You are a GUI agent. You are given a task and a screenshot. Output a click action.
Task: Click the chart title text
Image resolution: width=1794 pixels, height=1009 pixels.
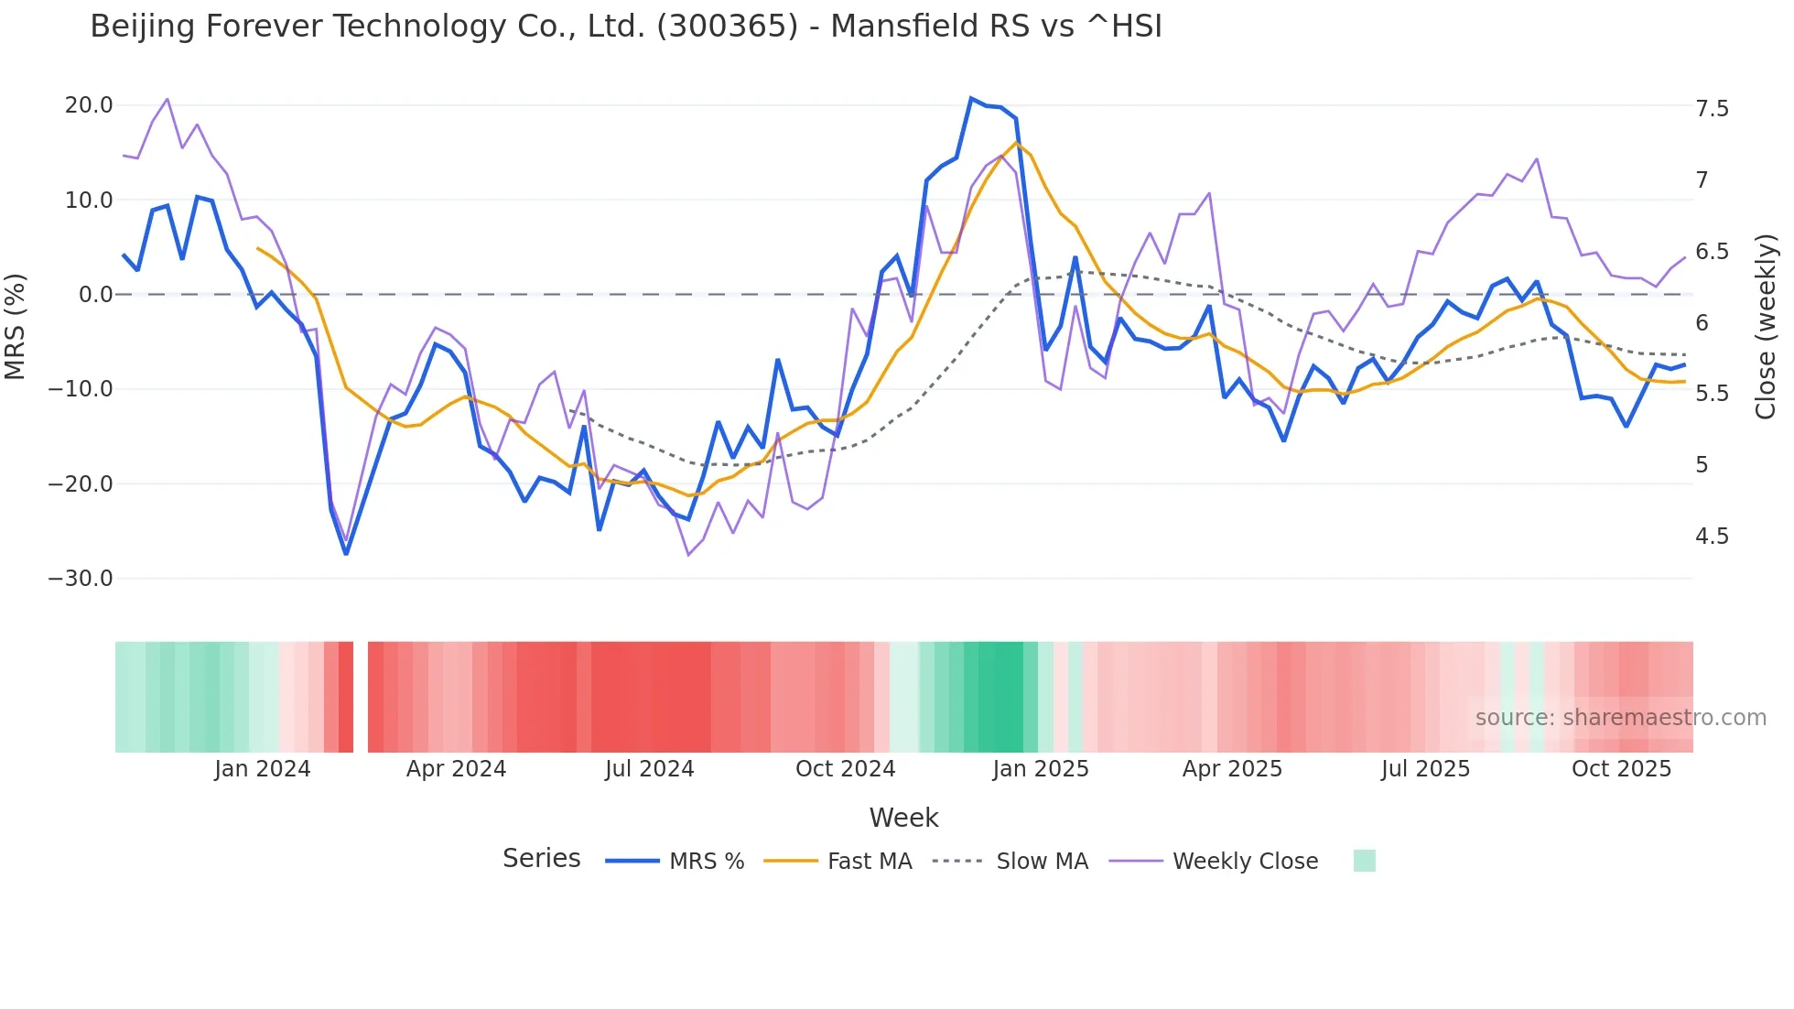point(626,27)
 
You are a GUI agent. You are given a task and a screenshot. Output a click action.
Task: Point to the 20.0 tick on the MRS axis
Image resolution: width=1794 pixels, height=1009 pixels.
point(89,105)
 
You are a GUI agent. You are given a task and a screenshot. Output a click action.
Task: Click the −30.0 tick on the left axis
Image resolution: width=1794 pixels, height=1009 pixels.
point(81,579)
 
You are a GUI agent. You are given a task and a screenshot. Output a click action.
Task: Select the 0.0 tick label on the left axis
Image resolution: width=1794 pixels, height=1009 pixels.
point(95,295)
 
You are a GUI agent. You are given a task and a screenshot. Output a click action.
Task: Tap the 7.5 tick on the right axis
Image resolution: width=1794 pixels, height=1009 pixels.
point(1712,109)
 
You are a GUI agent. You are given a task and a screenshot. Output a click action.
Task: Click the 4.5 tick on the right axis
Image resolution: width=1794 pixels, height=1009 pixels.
point(1712,537)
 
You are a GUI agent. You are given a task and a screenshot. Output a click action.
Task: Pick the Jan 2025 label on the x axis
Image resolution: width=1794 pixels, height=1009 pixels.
point(1041,769)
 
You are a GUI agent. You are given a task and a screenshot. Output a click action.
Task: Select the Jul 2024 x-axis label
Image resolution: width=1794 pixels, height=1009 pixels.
point(649,769)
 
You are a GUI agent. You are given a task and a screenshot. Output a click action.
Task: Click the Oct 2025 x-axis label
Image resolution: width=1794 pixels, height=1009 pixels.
point(1621,769)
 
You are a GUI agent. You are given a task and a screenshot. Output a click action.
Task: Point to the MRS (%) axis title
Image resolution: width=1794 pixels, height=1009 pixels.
point(16,326)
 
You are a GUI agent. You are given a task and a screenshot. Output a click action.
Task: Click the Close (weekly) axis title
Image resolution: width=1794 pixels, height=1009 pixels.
point(1766,326)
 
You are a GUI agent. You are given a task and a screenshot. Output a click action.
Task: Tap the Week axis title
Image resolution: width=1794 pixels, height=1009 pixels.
point(903,818)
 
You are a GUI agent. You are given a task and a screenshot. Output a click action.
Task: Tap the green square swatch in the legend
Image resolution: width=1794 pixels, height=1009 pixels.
point(1364,861)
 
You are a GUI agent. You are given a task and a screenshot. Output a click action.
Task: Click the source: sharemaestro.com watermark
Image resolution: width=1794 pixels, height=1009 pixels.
point(1620,718)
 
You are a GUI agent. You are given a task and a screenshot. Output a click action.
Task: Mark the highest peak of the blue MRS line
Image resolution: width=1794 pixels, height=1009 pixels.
point(971,98)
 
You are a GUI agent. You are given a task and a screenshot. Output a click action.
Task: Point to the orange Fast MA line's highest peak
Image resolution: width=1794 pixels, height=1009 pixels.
point(1016,143)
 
